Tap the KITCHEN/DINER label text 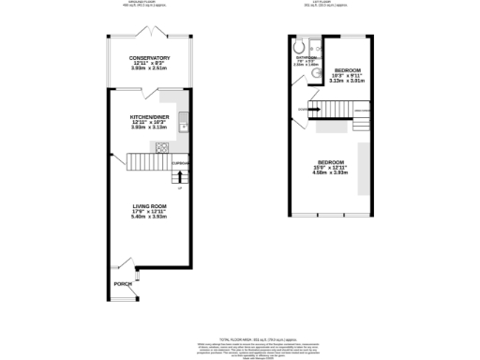(x=149, y=117)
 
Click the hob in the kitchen (x=161, y=146)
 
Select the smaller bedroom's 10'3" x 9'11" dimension (x=348, y=75)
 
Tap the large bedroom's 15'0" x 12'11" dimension (x=330, y=168)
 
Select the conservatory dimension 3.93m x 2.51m (x=149, y=68)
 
